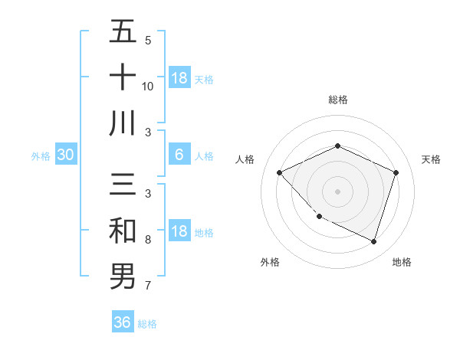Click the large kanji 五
[123, 34]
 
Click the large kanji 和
[123, 231]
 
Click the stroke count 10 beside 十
[148, 86]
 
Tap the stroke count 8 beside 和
[148, 240]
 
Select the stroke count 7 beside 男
[148, 286]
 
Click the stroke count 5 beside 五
[148, 40]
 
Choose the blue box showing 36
[123, 322]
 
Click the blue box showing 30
[65, 155]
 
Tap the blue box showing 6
[179, 155]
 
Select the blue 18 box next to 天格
[179, 78]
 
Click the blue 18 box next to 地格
[179, 232]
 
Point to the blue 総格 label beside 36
[147, 324]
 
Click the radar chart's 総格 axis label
[338, 100]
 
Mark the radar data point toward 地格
[374, 241]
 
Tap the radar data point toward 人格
[280, 173]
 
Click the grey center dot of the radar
[338, 191]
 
